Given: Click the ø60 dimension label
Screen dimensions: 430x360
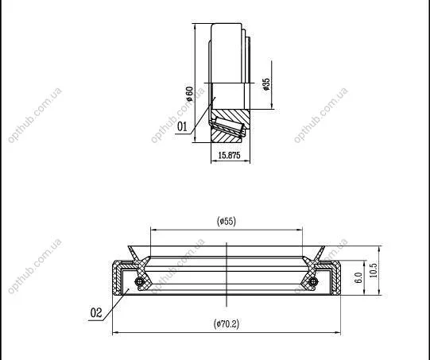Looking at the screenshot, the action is [x=189, y=94].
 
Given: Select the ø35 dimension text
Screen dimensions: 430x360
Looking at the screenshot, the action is [x=266, y=84].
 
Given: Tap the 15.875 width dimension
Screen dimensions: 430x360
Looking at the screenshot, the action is [x=229, y=156].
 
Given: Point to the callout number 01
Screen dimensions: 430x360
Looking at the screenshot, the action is [x=182, y=126].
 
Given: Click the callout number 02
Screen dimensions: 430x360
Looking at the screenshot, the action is [x=96, y=312].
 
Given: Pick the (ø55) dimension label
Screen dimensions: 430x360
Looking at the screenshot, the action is [x=227, y=221].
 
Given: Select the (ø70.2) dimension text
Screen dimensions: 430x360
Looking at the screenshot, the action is [x=227, y=324].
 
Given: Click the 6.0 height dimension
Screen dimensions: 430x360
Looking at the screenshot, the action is [x=358, y=277].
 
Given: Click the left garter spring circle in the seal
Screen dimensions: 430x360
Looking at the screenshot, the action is [x=139, y=281].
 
